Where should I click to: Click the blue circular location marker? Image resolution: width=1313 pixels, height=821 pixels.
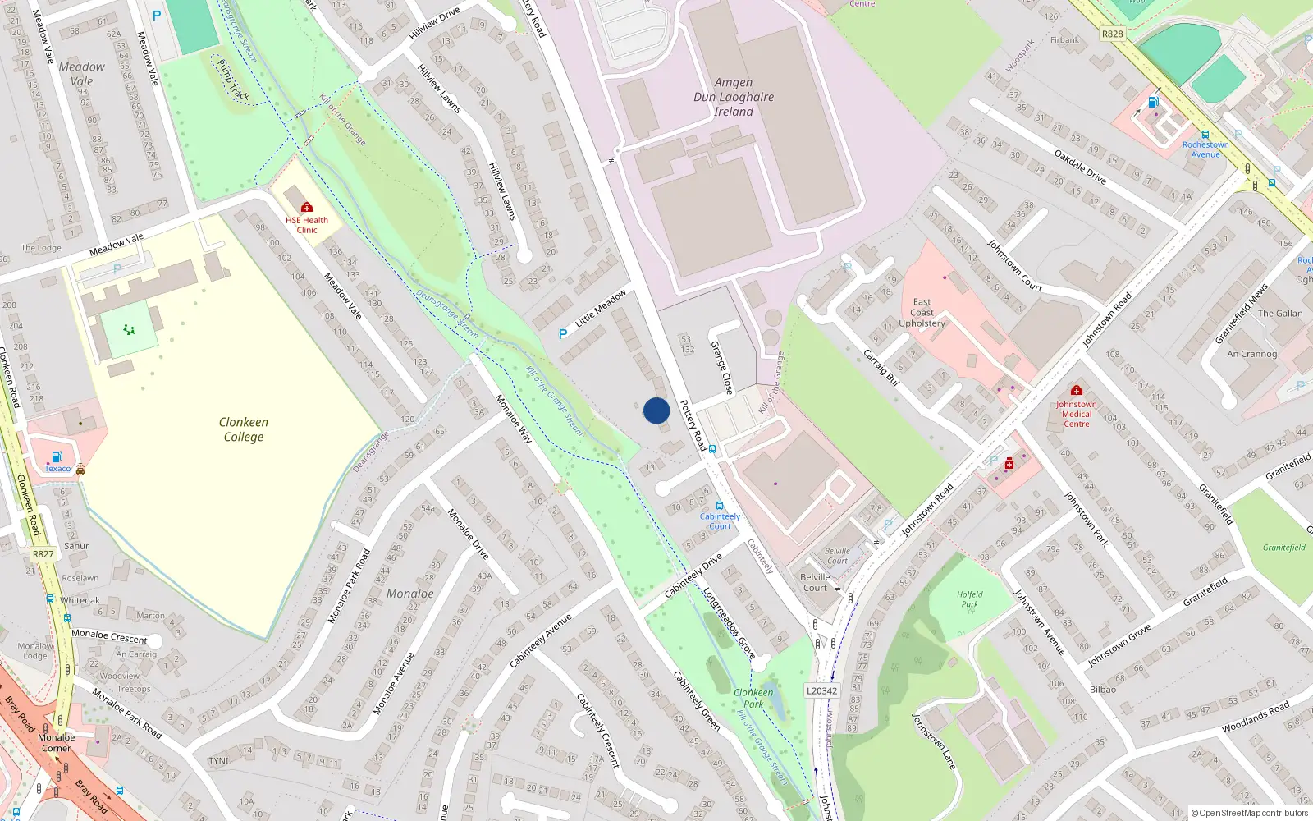pyautogui.click(x=656, y=410)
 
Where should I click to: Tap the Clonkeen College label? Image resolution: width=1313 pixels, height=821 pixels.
pyautogui.click(x=243, y=429)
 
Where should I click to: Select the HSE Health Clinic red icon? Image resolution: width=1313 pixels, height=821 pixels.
pyautogui.click(x=307, y=207)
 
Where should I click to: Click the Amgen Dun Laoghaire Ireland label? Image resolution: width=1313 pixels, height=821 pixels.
pyautogui.click(x=734, y=97)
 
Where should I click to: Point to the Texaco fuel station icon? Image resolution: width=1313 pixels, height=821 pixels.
pyautogui.click(x=57, y=456)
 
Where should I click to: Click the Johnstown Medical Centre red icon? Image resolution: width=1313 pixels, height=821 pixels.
pyautogui.click(x=1077, y=391)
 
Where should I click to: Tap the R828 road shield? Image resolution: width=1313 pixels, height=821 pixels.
pyautogui.click(x=1112, y=34)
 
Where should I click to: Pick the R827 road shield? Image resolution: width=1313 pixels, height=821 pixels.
pyautogui.click(x=43, y=554)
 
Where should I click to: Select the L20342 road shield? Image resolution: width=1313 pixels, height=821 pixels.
pyautogui.click(x=821, y=690)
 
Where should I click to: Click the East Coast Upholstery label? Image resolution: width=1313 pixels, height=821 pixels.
pyautogui.click(x=922, y=313)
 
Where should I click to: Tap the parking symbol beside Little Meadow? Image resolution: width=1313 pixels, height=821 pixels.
pyautogui.click(x=563, y=334)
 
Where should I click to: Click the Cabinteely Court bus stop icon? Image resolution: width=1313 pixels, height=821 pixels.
pyautogui.click(x=720, y=507)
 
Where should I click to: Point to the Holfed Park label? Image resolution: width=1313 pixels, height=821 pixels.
pyautogui.click(x=969, y=599)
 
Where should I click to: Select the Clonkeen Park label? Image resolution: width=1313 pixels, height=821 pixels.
pyautogui.click(x=753, y=698)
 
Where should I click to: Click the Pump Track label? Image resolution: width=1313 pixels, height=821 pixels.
pyautogui.click(x=234, y=80)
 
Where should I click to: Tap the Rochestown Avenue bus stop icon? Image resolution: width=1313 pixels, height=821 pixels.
pyautogui.click(x=1205, y=135)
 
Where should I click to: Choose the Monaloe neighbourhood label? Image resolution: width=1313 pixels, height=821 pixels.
pyautogui.click(x=410, y=594)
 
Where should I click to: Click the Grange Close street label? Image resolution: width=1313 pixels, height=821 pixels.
pyautogui.click(x=721, y=367)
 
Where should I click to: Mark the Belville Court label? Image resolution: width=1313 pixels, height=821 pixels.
pyautogui.click(x=815, y=582)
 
